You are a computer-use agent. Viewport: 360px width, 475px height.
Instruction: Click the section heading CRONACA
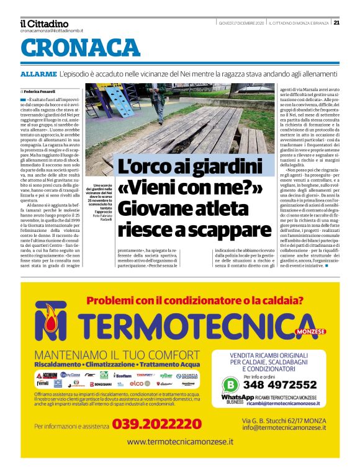tap(81, 48)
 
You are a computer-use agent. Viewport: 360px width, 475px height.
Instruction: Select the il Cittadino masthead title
tap(44, 24)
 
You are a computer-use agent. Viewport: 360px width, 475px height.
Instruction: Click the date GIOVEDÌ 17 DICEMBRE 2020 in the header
tap(241, 24)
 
